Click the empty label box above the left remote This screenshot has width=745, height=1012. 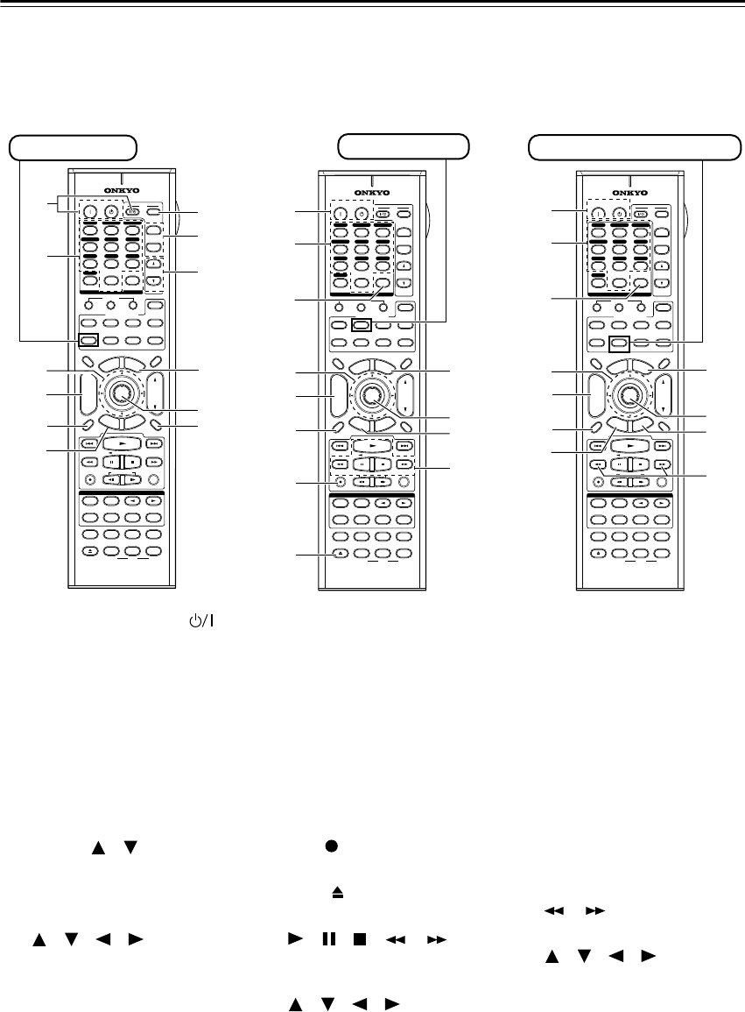coord(73,146)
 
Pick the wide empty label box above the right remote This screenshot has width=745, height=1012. coord(631,147)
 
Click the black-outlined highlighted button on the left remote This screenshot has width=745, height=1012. coord(88,343)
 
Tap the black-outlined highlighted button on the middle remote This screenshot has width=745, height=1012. coord(359,324)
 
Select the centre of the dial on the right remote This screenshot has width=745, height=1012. coord(628,395)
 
